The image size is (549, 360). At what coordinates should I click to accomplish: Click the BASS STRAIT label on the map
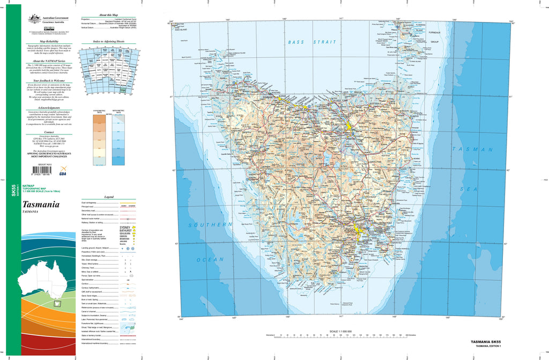click(311, 42)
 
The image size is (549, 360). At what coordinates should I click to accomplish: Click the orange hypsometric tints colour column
click(99, 140)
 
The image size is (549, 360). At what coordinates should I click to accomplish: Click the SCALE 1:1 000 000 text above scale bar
click(341, 332)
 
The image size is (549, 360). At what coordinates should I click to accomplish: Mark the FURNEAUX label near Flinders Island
click(434, 33)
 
